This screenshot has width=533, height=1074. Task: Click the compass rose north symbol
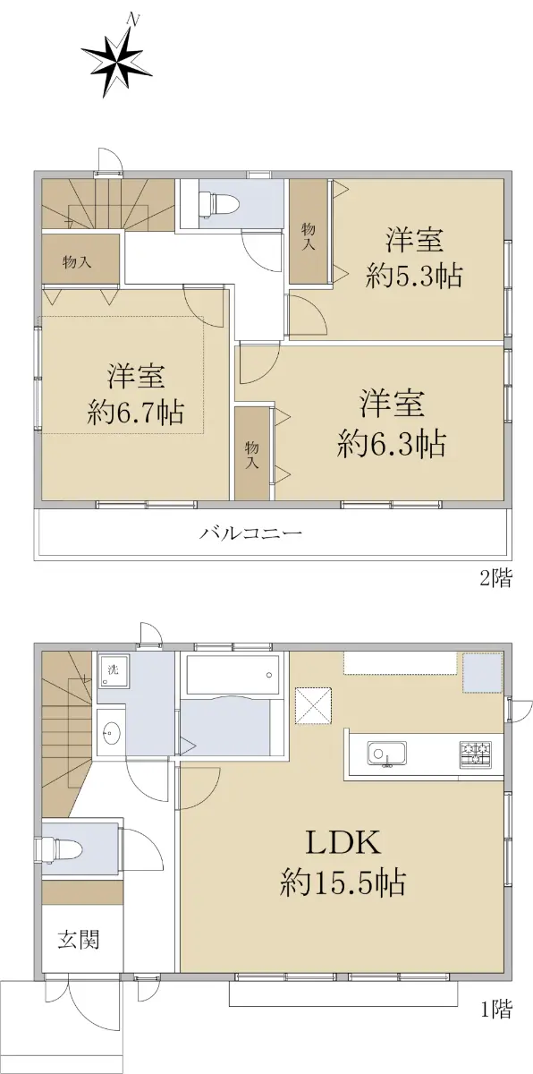click(x=116, y=55)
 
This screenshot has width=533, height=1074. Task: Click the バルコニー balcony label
click(x=251, y=533)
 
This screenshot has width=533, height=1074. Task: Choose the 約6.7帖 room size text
click(x=136, y=412)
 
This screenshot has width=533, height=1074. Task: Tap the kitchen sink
click(x=386, y=754)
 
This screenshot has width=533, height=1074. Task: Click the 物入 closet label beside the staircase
click(x=77, y=262)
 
